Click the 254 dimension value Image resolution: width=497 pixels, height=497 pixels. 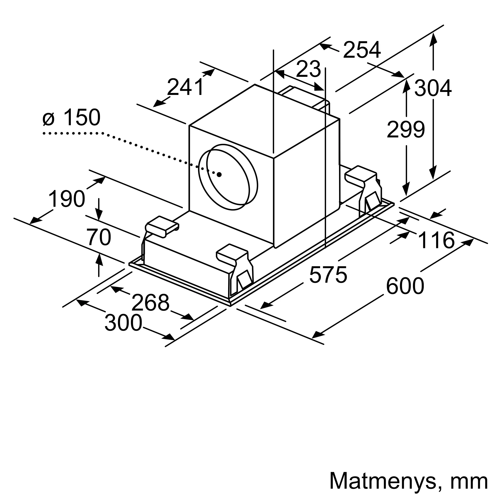pyautogui.click(x=362, y=50)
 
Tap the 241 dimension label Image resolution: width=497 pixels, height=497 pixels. pyautogui.click(x=185, y=87)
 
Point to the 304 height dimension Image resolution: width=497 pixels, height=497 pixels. pyautogui.click(x=433, y=88)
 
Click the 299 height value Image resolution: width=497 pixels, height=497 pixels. pyautogui.click(x=406, y=129)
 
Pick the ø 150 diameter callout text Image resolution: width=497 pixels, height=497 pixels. pyautogui.click(x=71, y=117)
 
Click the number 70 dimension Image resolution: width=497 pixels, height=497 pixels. pyautogui.click(x=99, y=237)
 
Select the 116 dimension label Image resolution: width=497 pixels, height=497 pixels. pyautogui.click(x=436, y=240)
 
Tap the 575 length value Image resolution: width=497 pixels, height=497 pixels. pyautogui.click(x=328, y=275)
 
